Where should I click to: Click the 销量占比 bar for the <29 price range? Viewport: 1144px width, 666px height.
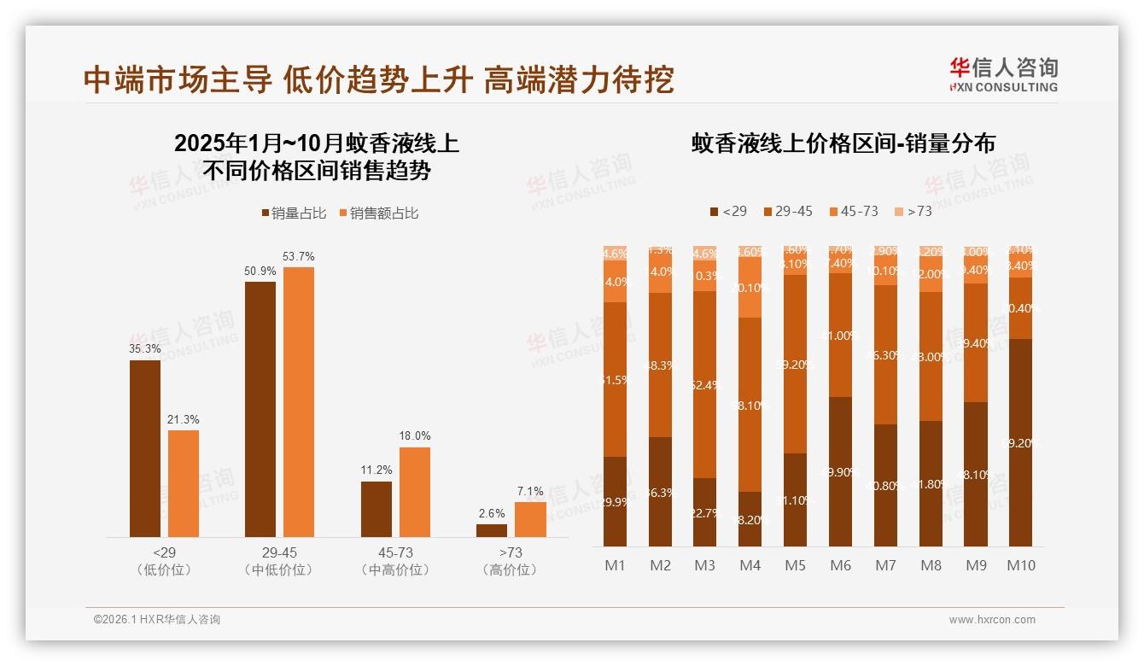click(144, 449)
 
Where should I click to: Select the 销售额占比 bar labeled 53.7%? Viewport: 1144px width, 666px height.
click(298, 402)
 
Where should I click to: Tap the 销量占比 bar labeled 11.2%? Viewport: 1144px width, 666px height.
click(376, 510)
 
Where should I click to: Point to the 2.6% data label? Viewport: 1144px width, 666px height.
click(491, 514)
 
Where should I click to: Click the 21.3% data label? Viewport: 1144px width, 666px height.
click(183, 419)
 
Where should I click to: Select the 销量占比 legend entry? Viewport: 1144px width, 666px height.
click(293, 213)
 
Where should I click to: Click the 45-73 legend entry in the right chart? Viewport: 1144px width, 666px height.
click(853, 211)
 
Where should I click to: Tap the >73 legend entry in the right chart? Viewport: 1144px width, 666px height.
click(913, 211)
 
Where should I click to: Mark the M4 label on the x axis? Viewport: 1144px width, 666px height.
click(750, 565)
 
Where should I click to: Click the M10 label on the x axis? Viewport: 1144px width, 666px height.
click(1020, 565)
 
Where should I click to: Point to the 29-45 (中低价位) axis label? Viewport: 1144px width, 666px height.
click(278, 561)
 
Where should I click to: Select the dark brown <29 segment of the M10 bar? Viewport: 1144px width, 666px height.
click(1020, 442)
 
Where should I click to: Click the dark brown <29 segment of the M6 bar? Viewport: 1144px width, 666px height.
click(840, 471)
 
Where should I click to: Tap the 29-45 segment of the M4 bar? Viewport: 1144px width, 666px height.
click(750, 404)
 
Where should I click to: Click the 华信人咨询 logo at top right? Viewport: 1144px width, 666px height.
click(1003, 74)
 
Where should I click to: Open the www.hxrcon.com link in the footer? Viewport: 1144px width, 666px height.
click(992, 620)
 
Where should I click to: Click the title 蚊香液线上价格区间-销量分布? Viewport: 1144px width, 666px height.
click(843, 143)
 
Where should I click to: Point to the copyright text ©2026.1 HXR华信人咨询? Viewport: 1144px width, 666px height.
click(156, 620)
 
